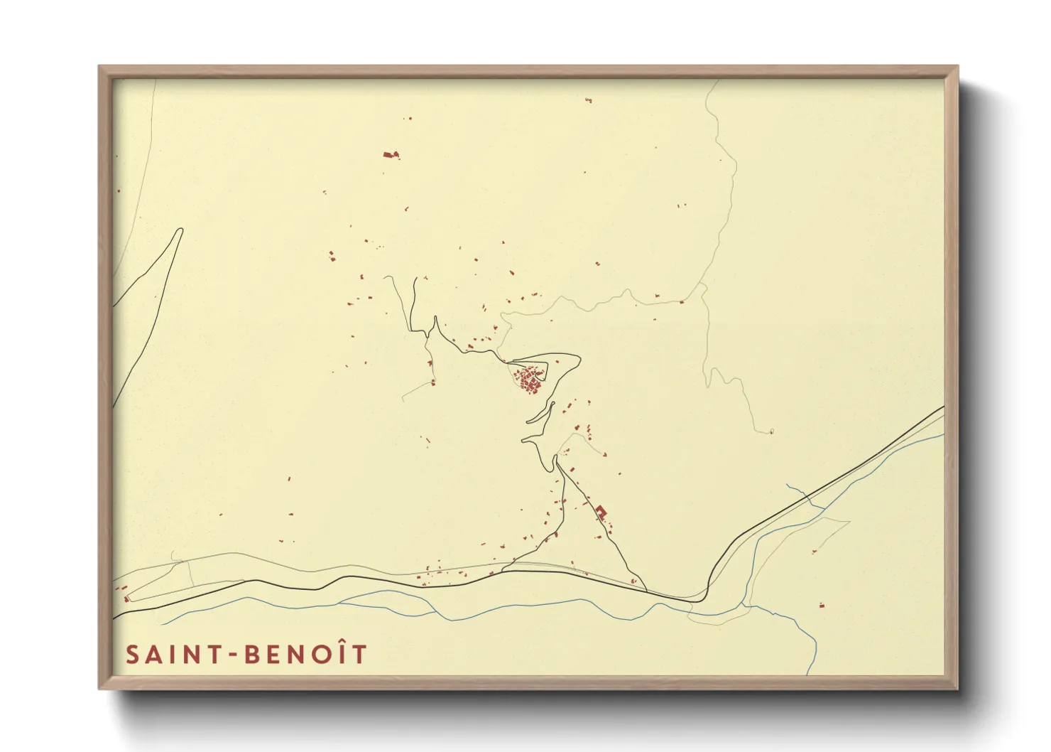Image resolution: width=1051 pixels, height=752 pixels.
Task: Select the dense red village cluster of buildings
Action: [528, 379]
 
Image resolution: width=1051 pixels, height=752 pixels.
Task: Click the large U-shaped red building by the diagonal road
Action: [601, 511]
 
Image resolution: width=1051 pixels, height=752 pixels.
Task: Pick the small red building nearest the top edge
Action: [588, 100]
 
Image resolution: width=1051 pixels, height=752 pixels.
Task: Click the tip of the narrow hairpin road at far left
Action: [180, 230]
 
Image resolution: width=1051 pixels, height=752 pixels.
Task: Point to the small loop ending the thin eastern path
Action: [771, 431]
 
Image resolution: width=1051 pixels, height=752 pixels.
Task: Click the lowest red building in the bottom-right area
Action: [822, 606]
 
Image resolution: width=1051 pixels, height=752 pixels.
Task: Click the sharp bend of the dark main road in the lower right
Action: [707, 590]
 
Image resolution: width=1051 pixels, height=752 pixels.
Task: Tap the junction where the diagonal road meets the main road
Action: [646, 589]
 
